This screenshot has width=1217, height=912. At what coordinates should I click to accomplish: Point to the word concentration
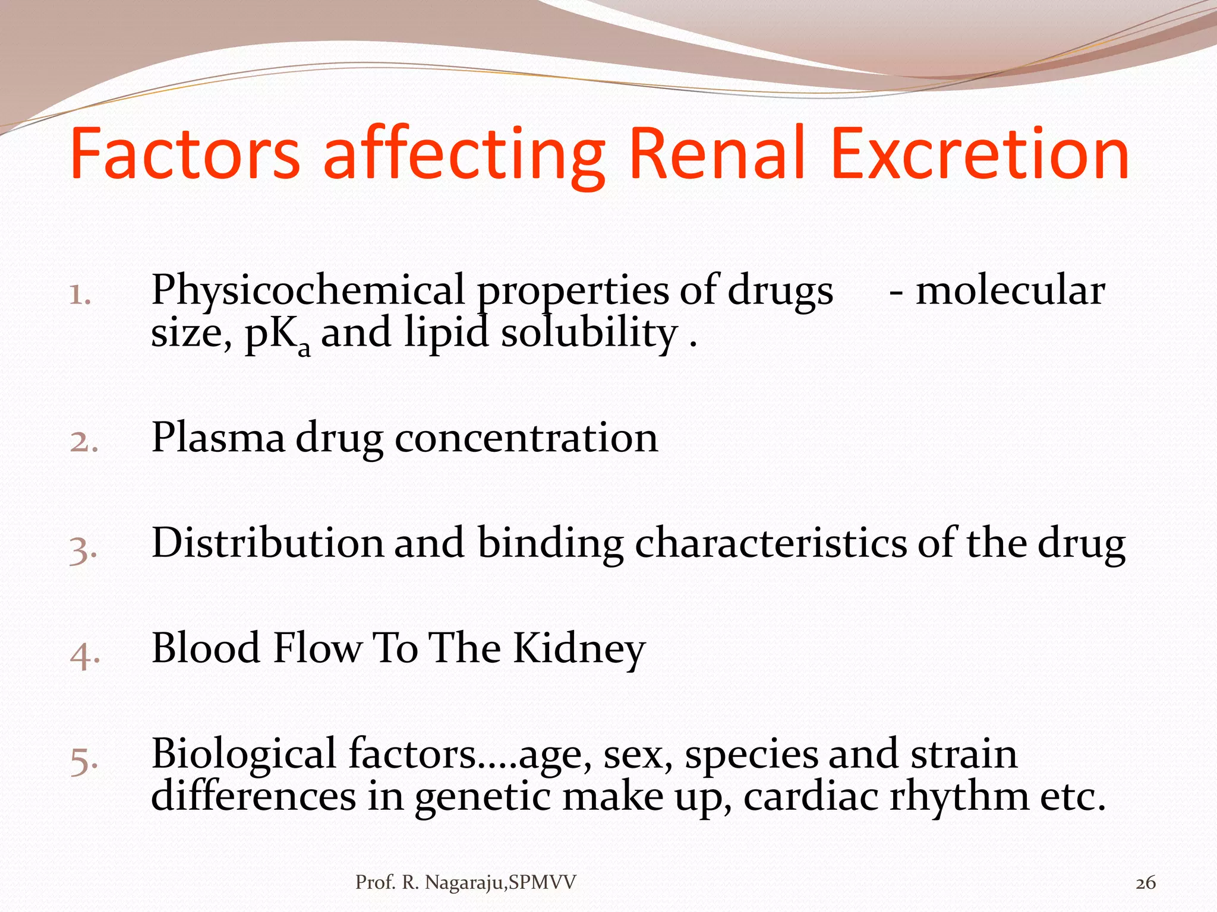tap(526, 438)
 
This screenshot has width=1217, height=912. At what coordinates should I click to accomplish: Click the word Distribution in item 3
tap(268, 543)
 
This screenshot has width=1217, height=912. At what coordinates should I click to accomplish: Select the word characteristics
tap(771, 543)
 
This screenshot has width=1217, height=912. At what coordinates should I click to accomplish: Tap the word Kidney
tap(579, 648)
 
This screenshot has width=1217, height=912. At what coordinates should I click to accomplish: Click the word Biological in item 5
tap(244, 754)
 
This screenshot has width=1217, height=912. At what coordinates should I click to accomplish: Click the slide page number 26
tap(1145, 883)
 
